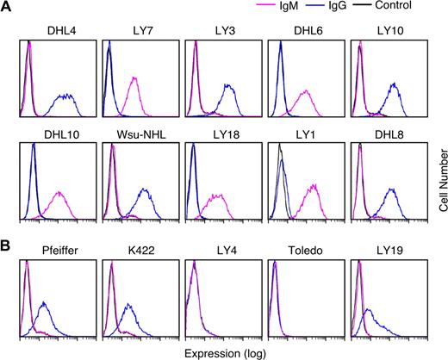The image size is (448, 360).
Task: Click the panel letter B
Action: (7, 227)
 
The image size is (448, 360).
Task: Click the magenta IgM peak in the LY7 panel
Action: (134, 79)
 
